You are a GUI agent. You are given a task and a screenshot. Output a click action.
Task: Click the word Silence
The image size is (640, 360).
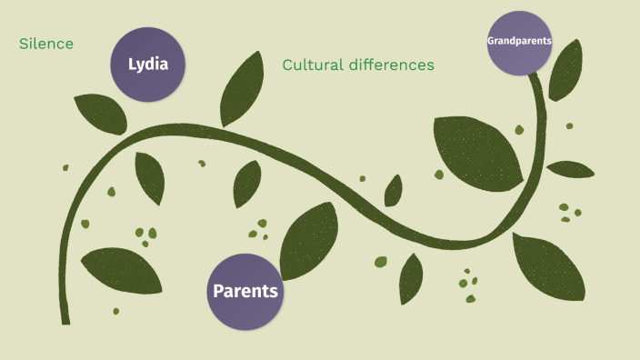[x=46, y=44]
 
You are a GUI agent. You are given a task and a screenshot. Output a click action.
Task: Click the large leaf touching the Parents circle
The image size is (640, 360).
[x=308, y=241]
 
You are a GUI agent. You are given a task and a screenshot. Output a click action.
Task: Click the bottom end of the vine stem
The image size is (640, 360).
[x=65, y=319]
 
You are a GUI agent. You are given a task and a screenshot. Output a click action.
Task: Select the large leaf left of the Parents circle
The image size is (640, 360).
[x=121, y=270]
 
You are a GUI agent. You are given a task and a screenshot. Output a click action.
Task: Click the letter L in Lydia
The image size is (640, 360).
[x=133, y=65]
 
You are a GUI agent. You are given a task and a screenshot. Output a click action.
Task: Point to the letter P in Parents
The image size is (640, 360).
[x=218, y=292]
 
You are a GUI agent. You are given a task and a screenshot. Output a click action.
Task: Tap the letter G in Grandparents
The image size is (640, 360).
[x=491, y=41]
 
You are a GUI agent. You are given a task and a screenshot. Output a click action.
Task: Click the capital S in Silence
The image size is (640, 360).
[x=23, y=44]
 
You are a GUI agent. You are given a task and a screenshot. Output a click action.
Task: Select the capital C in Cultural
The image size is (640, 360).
[x=288, y=65]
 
